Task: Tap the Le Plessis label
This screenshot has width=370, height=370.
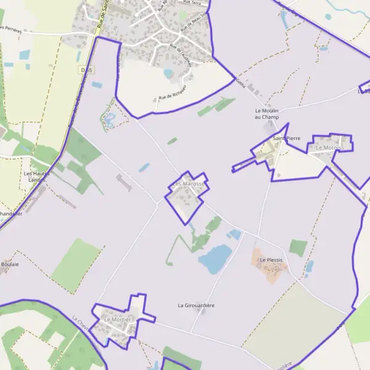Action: [x=271, y=260]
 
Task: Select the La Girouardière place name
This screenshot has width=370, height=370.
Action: [x=196, y=305]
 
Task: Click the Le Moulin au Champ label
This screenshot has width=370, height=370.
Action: [x=267, y=113]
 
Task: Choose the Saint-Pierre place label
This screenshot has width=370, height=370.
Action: [x=286, y=138]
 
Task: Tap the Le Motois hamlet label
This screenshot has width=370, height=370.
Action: [x=327, y=148]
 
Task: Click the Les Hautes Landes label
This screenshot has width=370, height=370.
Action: [x=35, y=177]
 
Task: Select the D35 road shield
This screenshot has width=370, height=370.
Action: [x=86, y=71]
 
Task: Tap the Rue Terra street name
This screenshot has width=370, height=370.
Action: [x=192, y=3]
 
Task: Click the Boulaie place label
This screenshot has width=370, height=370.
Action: [x=9, y=264]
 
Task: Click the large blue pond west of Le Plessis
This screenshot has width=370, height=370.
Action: [x=215, y=258]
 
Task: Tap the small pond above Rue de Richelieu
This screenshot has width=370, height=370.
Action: [x=168, y=73]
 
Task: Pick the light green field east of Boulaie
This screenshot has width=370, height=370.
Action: [x=76, y=265]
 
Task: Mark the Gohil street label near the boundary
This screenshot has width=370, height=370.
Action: [x=240, y=83]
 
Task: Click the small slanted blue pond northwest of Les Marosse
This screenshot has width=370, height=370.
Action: [x=144, y=167]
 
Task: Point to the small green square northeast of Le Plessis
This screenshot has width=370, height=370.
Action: [x=298, y=248]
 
